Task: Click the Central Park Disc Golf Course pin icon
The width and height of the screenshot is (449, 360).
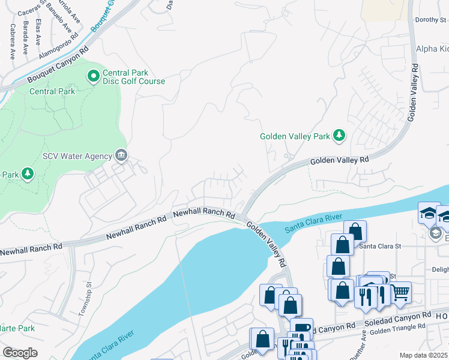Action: [93, 76]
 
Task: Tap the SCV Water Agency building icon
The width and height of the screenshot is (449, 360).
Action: [121, 156]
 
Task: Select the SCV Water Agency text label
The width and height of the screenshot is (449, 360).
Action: [77, 156]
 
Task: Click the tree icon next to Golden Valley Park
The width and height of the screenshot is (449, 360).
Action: [339, 136]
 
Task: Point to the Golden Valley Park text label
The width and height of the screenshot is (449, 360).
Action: [295, 136]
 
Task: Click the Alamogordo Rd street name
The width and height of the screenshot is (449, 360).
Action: [58, 44]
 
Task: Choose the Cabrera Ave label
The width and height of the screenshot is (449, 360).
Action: [11, 42]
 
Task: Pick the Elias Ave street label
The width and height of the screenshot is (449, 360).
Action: [37, 31]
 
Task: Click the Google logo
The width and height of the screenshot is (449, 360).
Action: [20, 352]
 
